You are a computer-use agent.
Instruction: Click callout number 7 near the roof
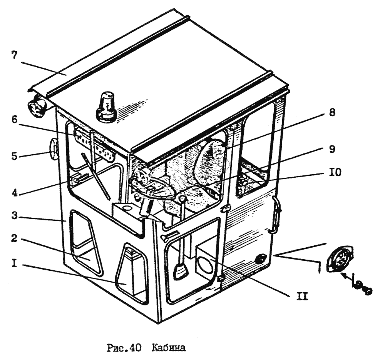click(14, 55)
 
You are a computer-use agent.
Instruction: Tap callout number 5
click(14, 156)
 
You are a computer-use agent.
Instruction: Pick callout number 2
click(14, 239)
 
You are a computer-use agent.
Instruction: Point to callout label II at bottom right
click(303, 296)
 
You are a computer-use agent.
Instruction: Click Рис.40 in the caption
click(123, 348)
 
